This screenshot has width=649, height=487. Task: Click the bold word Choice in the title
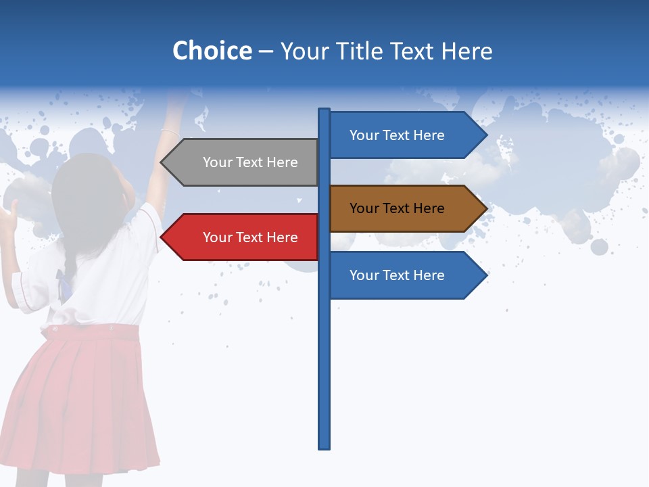point(212,51)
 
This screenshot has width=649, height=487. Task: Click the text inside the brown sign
point(397,208)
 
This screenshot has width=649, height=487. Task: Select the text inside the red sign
point(250,237)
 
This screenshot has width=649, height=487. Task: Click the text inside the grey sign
point(250,162)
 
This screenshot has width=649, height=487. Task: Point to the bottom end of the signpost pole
point(324,446)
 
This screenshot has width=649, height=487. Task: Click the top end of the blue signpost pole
point(324,110)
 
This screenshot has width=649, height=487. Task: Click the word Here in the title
point(466,51)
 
